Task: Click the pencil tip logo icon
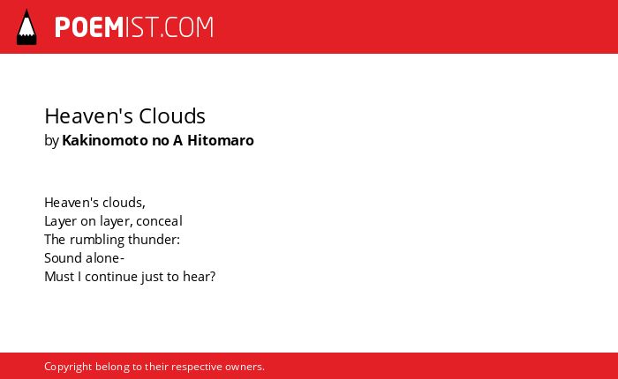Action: point(26,26)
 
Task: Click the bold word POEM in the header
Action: point(89,27)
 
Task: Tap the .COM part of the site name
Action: point(187,27)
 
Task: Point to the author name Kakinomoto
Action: point(105,140)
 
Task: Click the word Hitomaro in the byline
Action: point(221,140)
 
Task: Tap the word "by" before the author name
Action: point(51,141)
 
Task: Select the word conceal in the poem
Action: point(159,221)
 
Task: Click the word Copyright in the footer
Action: point(68,367)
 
